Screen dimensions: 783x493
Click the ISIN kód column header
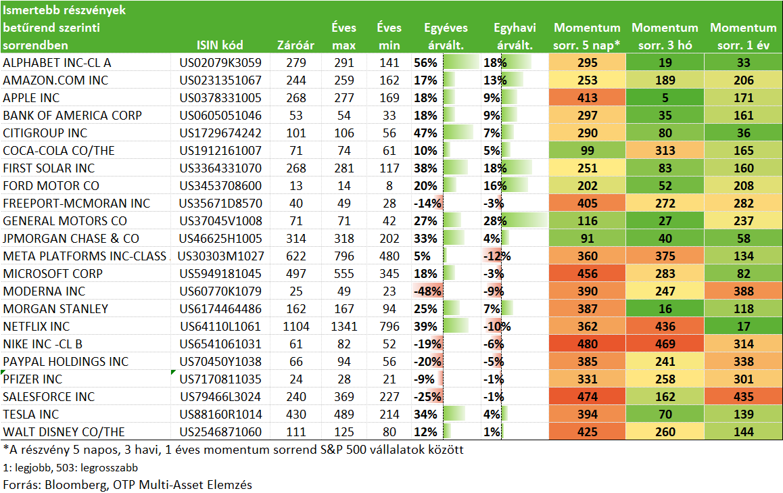click(220, 45)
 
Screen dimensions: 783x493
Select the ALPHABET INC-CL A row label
click(57, 63)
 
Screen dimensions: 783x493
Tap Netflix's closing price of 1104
click(296, 327)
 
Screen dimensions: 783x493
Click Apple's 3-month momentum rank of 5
click(665, 98)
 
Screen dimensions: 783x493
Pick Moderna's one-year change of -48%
click(427, 291)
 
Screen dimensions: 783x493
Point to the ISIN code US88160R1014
click(220, 415)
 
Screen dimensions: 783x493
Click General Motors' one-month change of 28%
click(495, 220)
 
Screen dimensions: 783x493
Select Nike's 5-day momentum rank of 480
click(587, 344)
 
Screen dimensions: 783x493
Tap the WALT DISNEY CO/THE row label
click(64, 432)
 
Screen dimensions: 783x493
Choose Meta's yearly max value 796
click(344, 256)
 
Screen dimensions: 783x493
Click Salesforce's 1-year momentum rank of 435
click(744, 397)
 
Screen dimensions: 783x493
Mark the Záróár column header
click(295, 45)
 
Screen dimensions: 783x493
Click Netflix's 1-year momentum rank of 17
click(744, 327)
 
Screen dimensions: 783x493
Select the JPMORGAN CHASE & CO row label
click(71, 239)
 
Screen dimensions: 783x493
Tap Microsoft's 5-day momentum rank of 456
click(587, 274)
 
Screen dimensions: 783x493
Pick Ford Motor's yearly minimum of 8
click(389, 186)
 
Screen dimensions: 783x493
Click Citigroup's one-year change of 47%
click(425, 133)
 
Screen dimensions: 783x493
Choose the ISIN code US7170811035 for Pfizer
click(220, 379)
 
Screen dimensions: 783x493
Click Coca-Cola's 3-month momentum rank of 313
click(665, 151)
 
